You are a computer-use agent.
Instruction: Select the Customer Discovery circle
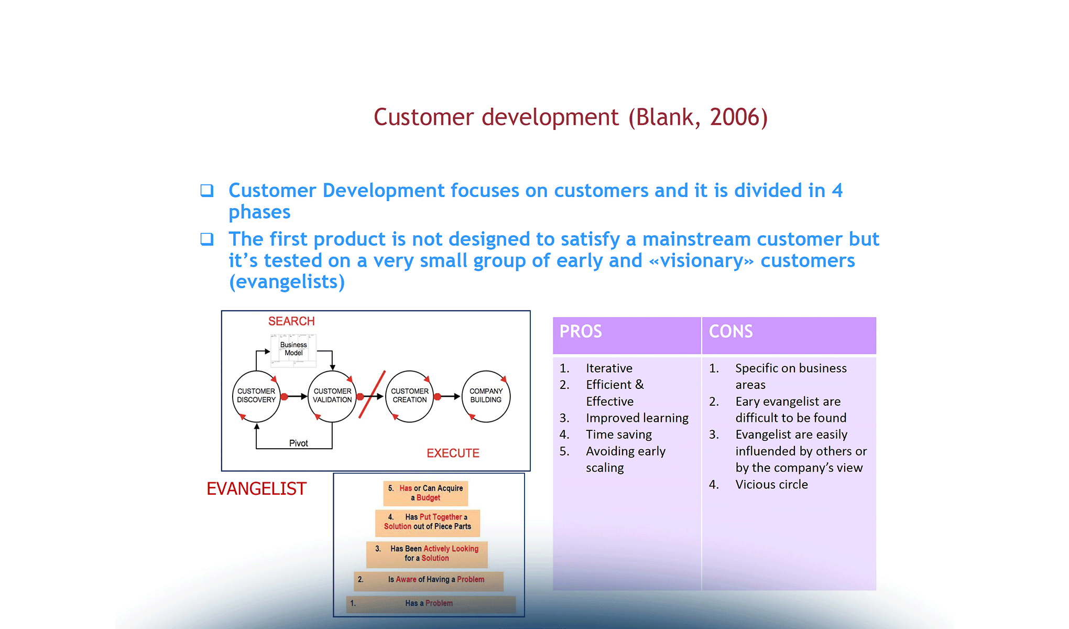point(256,396)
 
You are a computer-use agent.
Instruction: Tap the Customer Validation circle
point(332,396)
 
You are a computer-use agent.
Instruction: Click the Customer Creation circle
point(409,396)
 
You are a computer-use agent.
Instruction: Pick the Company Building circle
point(486,396)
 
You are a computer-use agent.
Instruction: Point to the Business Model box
point(293,349)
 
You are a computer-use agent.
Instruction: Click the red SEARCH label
point(291,321)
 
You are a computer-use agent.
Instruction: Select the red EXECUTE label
point(453,453)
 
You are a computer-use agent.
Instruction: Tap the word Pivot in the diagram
point(299,443)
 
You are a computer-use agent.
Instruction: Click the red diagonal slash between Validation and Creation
point(372,394)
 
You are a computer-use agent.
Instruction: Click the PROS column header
point(581,332)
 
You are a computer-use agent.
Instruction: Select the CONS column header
point(730,332)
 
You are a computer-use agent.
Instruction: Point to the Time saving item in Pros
point(619,435)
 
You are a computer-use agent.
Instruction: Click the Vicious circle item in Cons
point(771,485)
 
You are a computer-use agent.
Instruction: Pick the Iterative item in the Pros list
point(609,368)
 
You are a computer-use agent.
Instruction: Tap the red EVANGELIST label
point(256,489)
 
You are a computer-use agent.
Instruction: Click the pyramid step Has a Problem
point(429,603)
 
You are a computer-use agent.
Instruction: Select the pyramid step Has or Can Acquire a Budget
point(426,493)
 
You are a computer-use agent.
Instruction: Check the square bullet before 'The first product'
point(207,240)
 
